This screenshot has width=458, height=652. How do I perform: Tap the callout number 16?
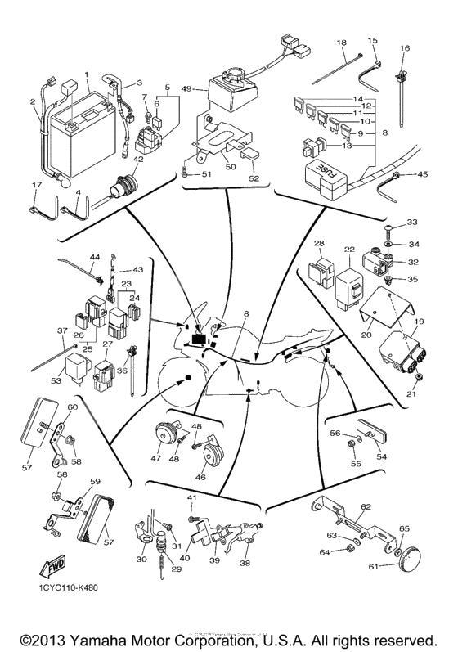pyautogui.click(x=404, y=49)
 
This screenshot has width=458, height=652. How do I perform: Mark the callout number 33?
pyautogui.click(x=411, y=223)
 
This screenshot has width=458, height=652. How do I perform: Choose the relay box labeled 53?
pyautogui.click(x=79, y=361)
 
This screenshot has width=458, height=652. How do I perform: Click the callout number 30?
pyautogui.click(x=141, y=559)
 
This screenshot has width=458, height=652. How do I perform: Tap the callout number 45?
pyautogui.click(x=422, y=174)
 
